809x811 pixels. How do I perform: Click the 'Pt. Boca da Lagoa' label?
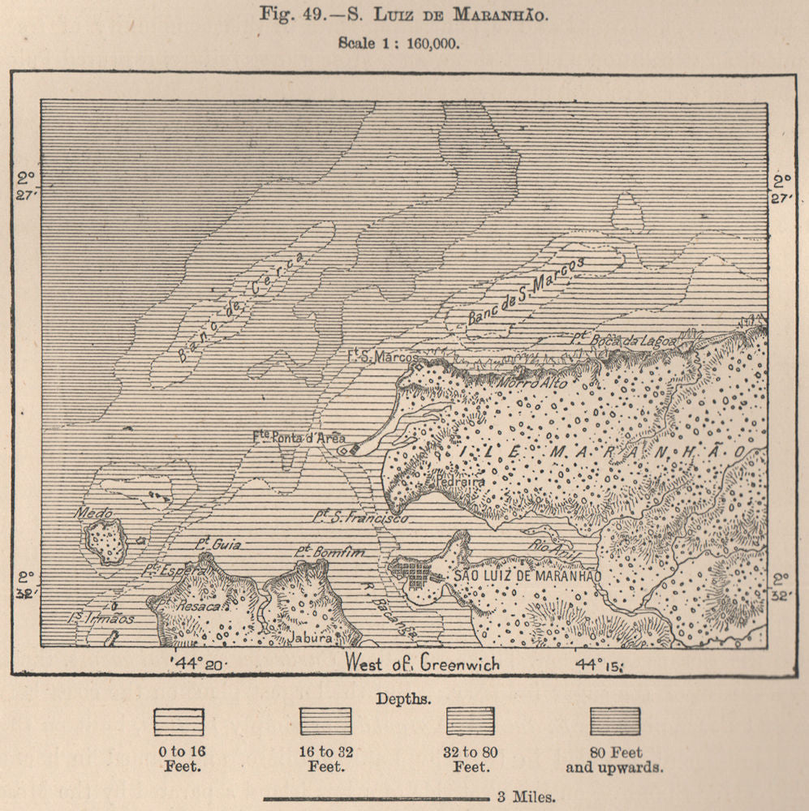tap(623, 341)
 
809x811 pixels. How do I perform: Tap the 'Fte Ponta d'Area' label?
tap(299, 437)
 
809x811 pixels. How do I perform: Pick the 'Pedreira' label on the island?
tap(459, 480)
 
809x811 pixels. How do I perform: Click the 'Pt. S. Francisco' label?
tap(361, 516)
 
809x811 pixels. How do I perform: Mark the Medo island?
tap(105, 541)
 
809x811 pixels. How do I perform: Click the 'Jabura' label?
tap(312, 638)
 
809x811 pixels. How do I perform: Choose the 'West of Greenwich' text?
tap(422, 663)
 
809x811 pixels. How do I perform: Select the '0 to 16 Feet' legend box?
tap(179, 721)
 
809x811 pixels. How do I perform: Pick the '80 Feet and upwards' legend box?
tap(614, 721)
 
